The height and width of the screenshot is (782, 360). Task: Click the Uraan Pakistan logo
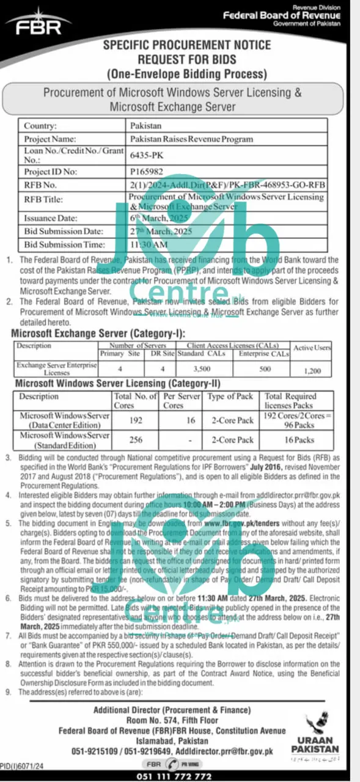315,733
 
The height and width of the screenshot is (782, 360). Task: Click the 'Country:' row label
40,126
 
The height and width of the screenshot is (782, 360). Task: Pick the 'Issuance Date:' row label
51,218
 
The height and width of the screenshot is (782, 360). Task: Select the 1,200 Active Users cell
312,370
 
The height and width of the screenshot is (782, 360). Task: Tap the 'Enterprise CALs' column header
263,354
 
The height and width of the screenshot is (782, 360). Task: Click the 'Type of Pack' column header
230,396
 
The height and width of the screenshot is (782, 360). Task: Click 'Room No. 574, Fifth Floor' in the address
172,720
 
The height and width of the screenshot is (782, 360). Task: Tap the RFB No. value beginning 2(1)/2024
227,185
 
